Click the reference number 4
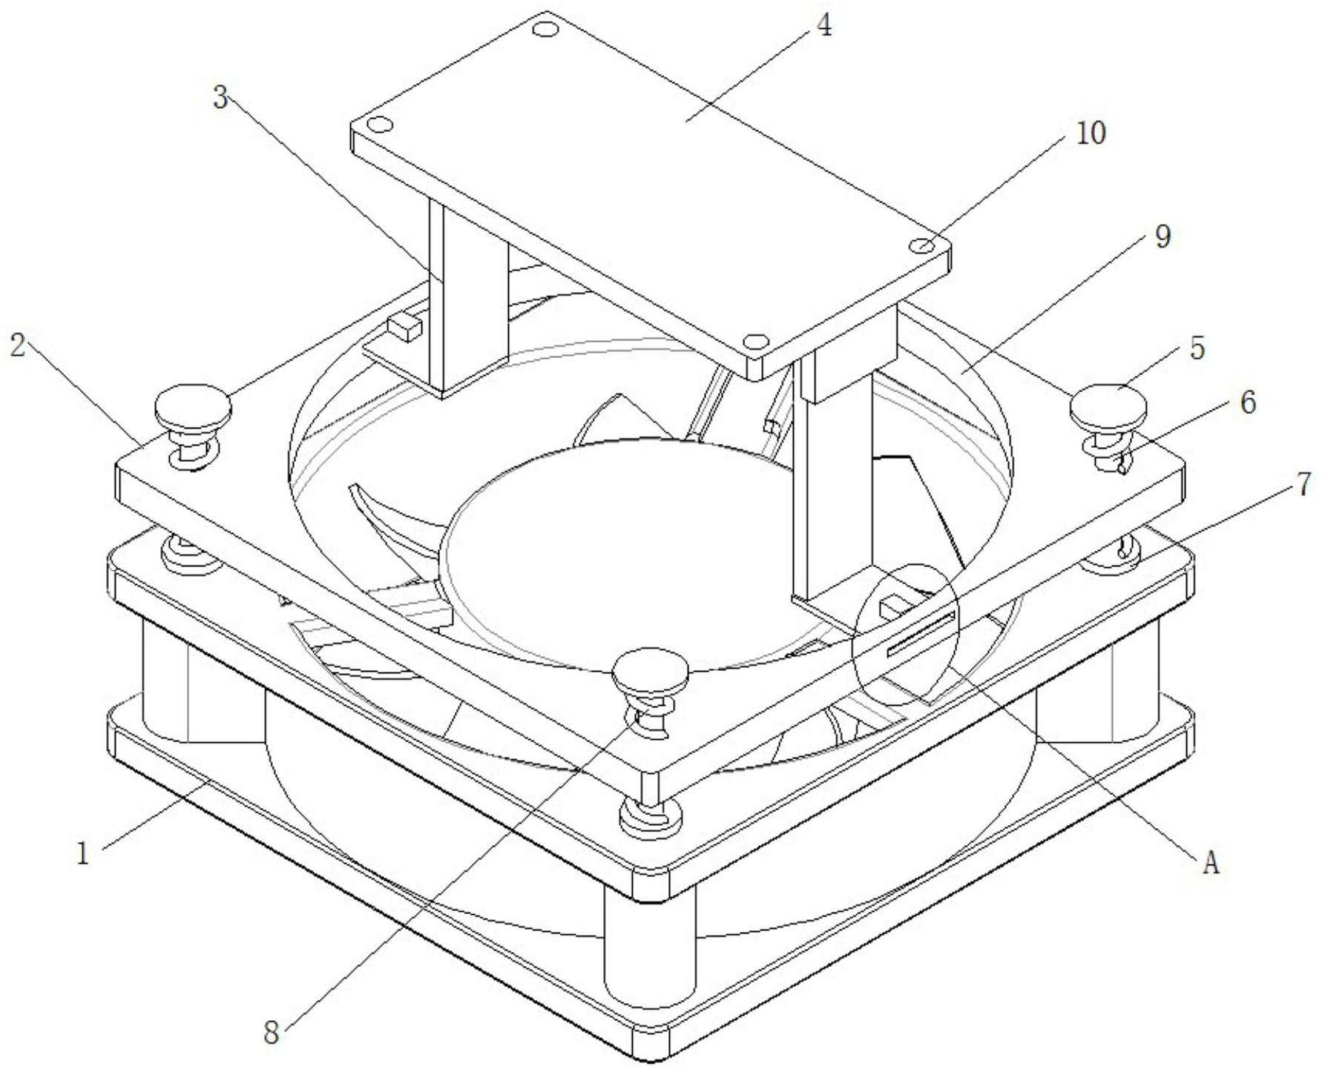[x=823, y=26]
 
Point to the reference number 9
[x=1162, y=237]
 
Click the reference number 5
[x=1197, y=348]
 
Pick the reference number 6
[x=1249, y=403]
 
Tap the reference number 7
[x=1303, y=485]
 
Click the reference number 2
[x=18, y=345]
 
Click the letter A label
[x=1211, y=863]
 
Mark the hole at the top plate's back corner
[x=546, y=30]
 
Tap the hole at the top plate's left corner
[x=380, y=124]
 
